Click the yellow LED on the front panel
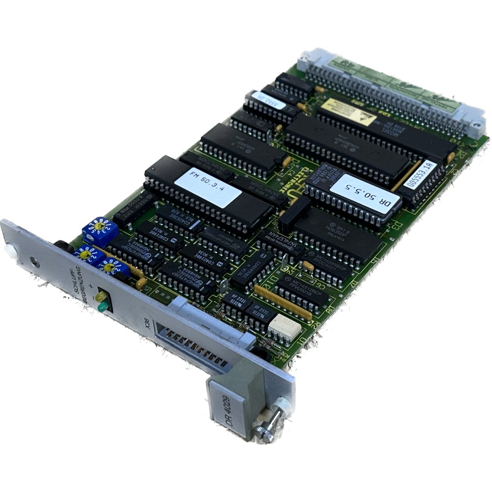(x=100, y=296)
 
